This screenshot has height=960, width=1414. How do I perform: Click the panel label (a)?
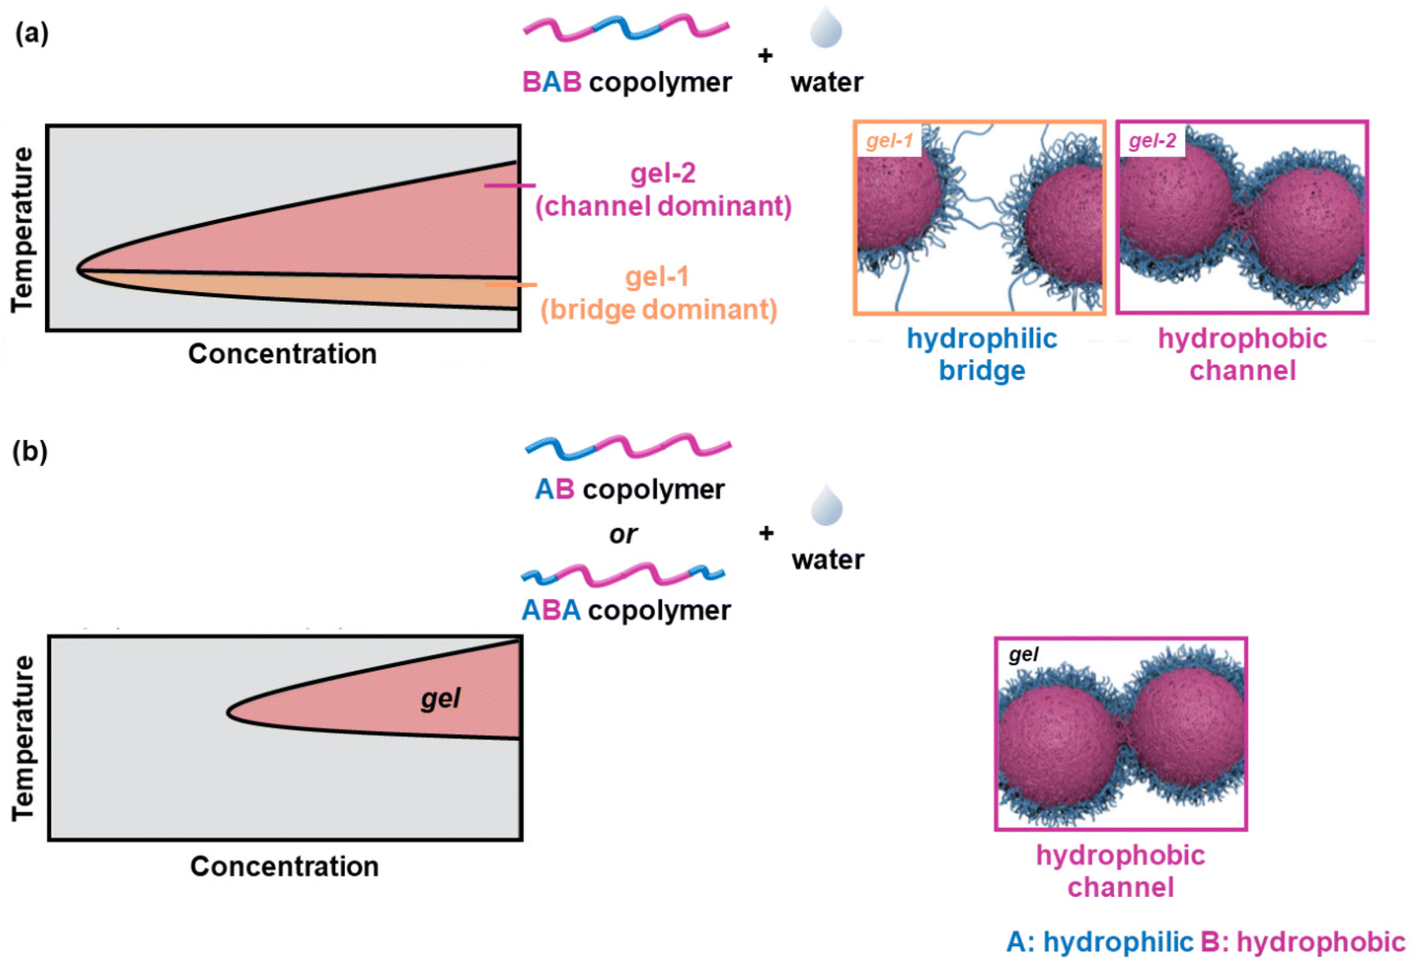[x=32, y=34]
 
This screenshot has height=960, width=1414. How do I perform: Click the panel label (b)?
[x=30, y=451]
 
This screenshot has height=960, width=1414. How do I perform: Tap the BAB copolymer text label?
[x=627, y=83]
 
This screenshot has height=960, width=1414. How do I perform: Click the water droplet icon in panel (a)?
[x=826, y=28]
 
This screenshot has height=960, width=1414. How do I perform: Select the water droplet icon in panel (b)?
[x=827, y=505]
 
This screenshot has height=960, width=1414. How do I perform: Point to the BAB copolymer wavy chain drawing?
[x=625, y=29]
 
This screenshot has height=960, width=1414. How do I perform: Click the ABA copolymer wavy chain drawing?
[x=623, y=575]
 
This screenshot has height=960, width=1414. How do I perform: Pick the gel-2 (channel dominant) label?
[x=663, y=190]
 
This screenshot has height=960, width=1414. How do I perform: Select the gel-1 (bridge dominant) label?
[x=658, y=294]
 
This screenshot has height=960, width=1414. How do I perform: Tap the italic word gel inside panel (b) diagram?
[x=441, y=698]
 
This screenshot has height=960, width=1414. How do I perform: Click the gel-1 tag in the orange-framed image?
[x=889, y=141]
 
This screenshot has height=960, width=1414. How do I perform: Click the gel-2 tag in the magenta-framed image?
[x=1152, y=141]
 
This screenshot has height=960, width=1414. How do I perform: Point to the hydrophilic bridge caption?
[x=982, y=354]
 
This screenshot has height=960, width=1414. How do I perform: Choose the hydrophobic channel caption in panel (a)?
[x=1242, y=354]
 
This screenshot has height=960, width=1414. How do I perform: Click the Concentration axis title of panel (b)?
[x=284, y=866]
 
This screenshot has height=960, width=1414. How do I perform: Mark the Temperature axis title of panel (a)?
[x=23, y=229]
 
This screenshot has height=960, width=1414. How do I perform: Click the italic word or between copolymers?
[x=623, y=534]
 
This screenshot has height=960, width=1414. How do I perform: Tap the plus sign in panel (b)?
[x=766, y=533]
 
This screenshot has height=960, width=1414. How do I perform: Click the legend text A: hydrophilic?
[x=1099, y=942]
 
